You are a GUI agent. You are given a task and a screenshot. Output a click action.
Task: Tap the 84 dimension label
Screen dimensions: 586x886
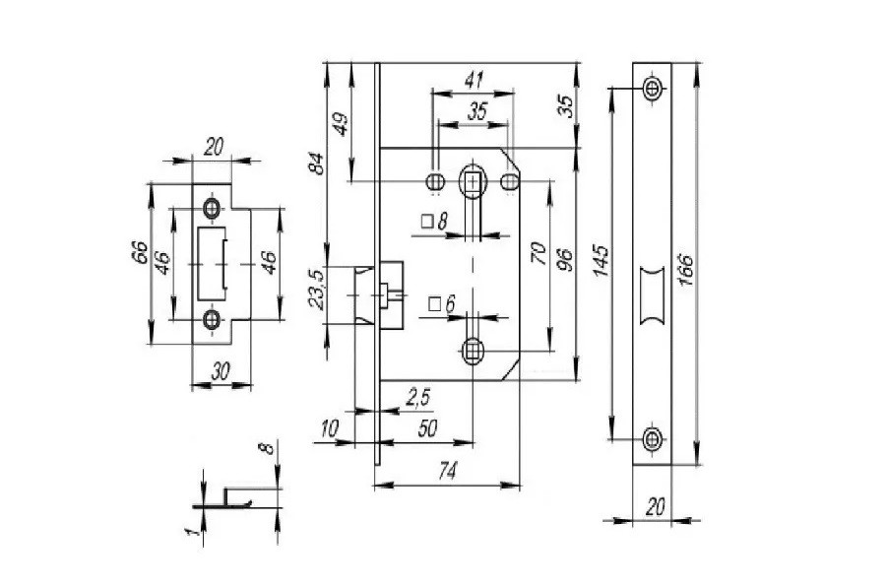coord(317,162)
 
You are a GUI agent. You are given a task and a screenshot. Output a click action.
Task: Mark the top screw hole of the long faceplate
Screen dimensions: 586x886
coord(651,89)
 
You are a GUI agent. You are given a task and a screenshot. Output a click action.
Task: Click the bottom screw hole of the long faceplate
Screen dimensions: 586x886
coord(651,438)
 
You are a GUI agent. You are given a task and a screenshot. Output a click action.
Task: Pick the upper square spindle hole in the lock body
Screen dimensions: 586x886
coord(473,181)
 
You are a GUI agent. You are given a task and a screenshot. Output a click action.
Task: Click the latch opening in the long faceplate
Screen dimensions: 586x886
coord(651,293)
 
